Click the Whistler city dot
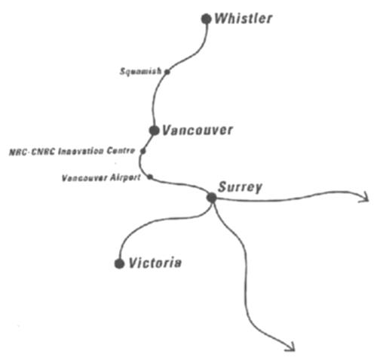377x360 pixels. [207, 19]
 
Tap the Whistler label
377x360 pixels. [244, 18]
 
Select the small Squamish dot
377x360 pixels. [167, 72]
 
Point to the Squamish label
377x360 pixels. [140, 72]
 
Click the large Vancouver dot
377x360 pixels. [154, 131]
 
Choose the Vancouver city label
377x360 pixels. [198, 131]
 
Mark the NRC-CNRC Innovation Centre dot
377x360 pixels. [143, 151]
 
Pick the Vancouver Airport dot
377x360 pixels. [150, 177]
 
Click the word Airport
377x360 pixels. [125, 177]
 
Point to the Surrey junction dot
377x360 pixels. [212, 198]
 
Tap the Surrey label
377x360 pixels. [240, 187]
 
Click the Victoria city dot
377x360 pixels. [119, 263]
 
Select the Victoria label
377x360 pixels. [155, 263]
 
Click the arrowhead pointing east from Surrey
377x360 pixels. [365, 196]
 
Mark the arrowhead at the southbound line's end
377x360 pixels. [290, 346]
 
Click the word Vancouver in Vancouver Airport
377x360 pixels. [84, 178]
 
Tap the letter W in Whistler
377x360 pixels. [222, 19]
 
